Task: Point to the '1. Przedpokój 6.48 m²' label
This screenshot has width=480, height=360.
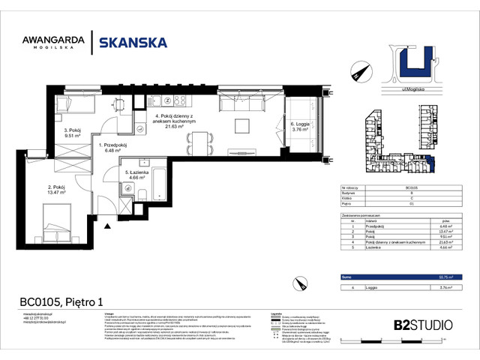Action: [x=115, y=146]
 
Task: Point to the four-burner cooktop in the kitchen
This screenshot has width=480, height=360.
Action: [x=180, y=100]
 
